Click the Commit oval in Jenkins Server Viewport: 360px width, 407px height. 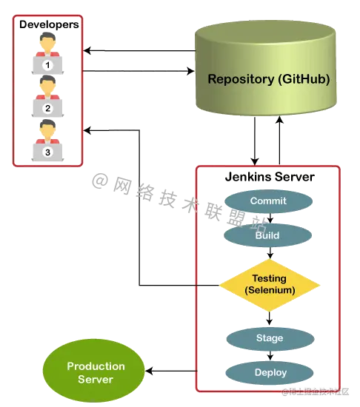tap(268, 201)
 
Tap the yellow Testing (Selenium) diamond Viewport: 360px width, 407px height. tap(269, 283)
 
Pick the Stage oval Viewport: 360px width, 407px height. tap(269, 337)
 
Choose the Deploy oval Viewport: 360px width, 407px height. tap(269, 371)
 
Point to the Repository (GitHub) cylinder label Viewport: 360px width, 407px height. tap(268, 79)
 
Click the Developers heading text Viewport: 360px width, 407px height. tap(48, 25)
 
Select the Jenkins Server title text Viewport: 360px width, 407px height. tap(269, 178)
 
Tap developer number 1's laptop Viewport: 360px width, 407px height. tap(47, 66)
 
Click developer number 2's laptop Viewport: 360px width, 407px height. tap(47, 108)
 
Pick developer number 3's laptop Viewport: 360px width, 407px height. tap(47, 152)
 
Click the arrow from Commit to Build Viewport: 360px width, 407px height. tap(269, 218)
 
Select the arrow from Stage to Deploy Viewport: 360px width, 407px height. tap(269, 355)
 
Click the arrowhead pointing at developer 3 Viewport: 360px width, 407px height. tap(87, 132)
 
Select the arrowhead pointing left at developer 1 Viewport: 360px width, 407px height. tap(87, 51)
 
